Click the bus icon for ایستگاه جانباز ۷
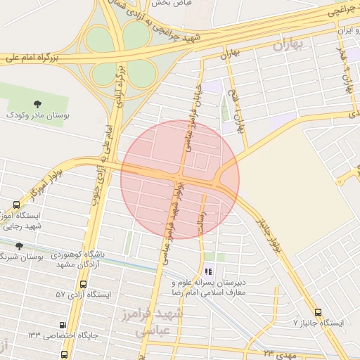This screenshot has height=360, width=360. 318,311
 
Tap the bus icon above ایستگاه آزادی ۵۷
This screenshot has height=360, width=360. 84,285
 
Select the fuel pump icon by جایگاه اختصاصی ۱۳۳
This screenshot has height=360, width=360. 63,325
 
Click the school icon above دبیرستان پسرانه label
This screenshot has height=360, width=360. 207,271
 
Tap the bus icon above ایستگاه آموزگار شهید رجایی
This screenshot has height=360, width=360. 16,205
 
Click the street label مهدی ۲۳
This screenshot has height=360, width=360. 280,350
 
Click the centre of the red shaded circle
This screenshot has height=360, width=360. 180,179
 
